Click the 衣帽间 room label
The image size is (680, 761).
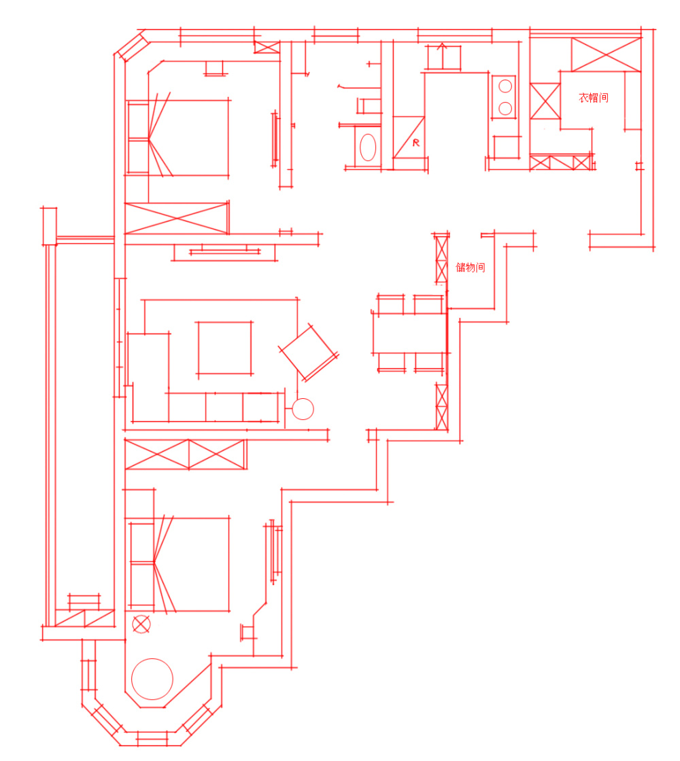(x=594, y=98)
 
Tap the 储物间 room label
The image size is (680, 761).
(x=470, y=268)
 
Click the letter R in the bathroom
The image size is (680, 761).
(x=415, y=143)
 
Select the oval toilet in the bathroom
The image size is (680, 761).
(x=368, y=147)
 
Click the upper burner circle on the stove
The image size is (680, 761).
(x=505, y=86)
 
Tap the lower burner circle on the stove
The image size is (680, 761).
(x=505, y=108)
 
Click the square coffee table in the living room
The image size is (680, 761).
(x=224, y=348)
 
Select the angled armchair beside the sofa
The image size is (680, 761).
(x=309, y=353)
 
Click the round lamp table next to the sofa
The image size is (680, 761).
(x=303, y=408)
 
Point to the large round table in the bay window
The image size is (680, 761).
(x=152, y=679)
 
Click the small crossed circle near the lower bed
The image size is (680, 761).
(x=141, y=624)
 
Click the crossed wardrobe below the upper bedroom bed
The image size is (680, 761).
(x=177, y=218)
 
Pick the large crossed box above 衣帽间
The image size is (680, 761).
(x=607, y=54)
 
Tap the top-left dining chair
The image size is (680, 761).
(x=390, y=304)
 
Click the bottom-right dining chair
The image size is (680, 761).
(x=429, y=363)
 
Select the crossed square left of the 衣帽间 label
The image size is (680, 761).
(x=545, y=101)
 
